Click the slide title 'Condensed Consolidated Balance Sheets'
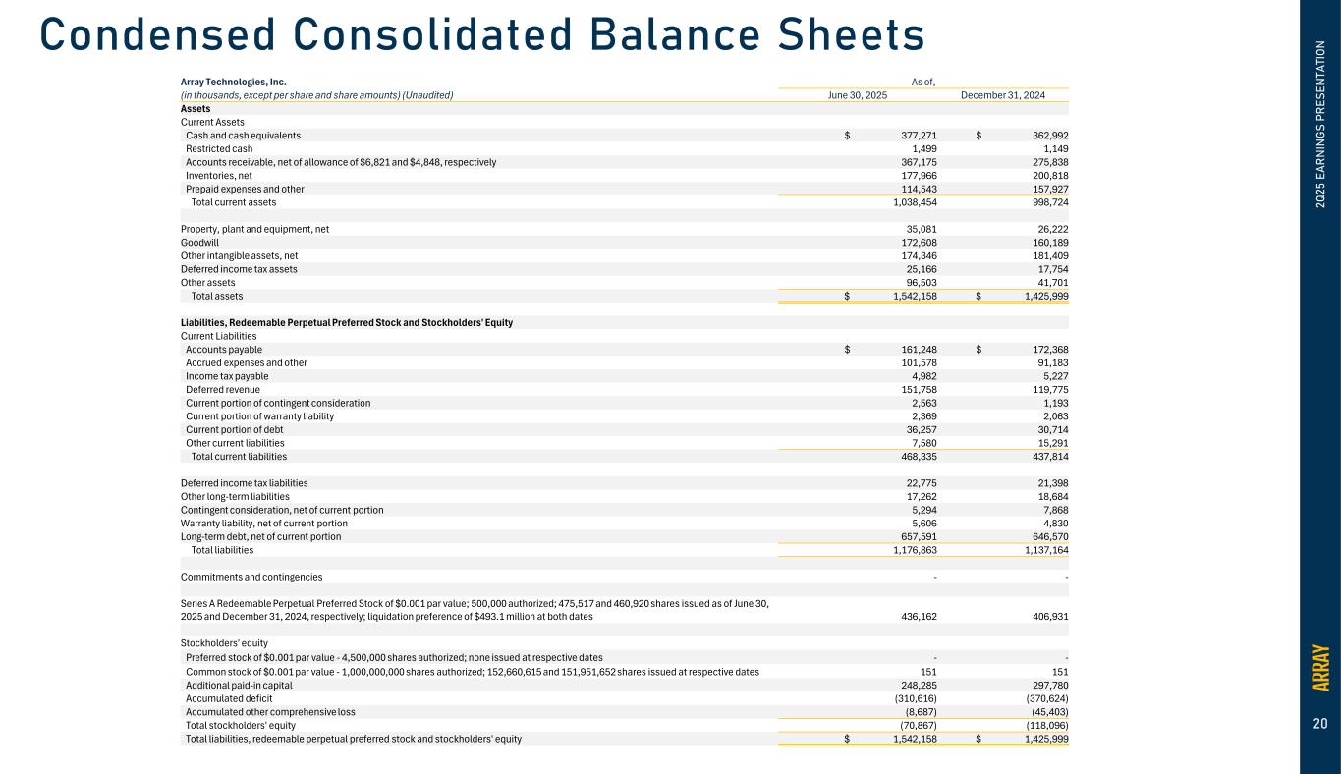click(x=482, y=35)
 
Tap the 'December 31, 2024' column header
click(x=1001, y=95)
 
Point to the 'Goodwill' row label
click(x=199, y=242)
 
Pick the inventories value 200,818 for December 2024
click(x=1044, y=176)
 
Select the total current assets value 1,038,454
click(x=908, y=202)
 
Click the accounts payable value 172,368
click(x=1044, y=350)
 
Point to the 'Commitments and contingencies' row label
click(x=251, y=577)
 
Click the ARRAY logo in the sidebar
click(x=1320, y=667)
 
